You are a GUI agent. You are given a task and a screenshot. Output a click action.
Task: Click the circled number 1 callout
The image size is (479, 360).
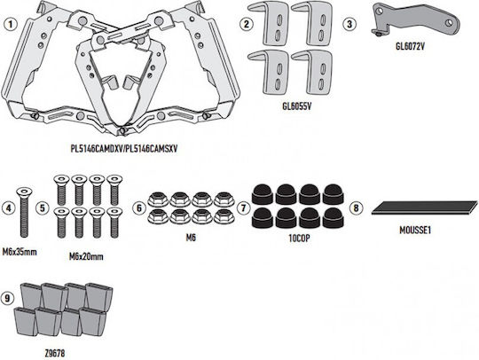(11, 24)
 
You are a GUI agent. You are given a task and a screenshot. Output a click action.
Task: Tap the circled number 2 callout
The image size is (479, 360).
(247, 24)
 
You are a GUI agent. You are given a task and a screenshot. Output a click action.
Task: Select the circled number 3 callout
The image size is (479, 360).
(349, 24)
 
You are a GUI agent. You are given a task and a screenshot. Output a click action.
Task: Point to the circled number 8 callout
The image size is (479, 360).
(357, 208)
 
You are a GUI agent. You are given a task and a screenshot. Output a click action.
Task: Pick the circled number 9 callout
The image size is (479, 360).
(7, 298)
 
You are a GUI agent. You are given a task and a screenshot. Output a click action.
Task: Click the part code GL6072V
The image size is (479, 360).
(410, 46)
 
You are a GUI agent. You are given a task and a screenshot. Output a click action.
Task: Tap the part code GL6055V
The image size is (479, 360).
(297, 106)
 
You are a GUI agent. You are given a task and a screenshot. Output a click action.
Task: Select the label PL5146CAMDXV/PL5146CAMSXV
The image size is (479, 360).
(124, 149)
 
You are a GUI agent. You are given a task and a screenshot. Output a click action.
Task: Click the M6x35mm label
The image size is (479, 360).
(20, 252)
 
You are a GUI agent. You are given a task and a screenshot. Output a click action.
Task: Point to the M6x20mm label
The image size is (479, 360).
(86, 257)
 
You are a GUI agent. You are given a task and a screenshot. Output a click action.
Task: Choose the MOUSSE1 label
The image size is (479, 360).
(415, 231)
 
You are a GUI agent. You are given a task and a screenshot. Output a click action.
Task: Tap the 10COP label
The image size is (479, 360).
(299, 239)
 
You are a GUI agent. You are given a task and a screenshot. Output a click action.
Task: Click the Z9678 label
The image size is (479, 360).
(55, 354)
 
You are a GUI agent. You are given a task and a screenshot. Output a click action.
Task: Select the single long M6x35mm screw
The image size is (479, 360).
(24, 213)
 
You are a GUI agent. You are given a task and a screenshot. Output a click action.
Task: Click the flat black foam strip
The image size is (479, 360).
(425, 207)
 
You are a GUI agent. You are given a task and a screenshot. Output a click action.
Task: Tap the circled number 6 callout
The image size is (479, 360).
(139, 208)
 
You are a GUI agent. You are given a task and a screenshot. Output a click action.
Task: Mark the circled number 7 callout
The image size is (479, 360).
(243, 208)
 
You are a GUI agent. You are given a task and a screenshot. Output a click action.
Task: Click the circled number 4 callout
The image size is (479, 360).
(8, 208)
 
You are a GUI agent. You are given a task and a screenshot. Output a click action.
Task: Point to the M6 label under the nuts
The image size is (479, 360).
(191, 238)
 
